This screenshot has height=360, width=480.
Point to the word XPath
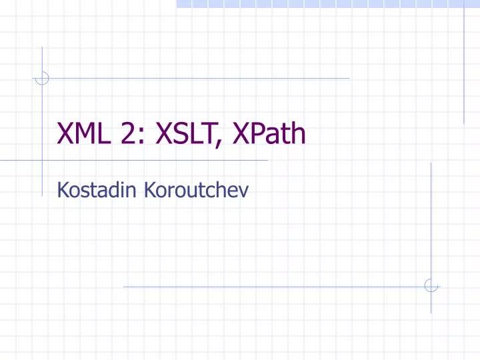click(269, 134)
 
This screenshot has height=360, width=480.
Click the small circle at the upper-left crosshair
click(42, 79)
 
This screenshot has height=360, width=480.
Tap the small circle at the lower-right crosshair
click(431, 286)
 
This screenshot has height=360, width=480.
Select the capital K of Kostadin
click(62, 191)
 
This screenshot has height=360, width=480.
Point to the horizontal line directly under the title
click(153, 161)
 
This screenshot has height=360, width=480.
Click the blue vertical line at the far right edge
click(464, 67)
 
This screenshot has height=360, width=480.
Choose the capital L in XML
click(107, 134)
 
